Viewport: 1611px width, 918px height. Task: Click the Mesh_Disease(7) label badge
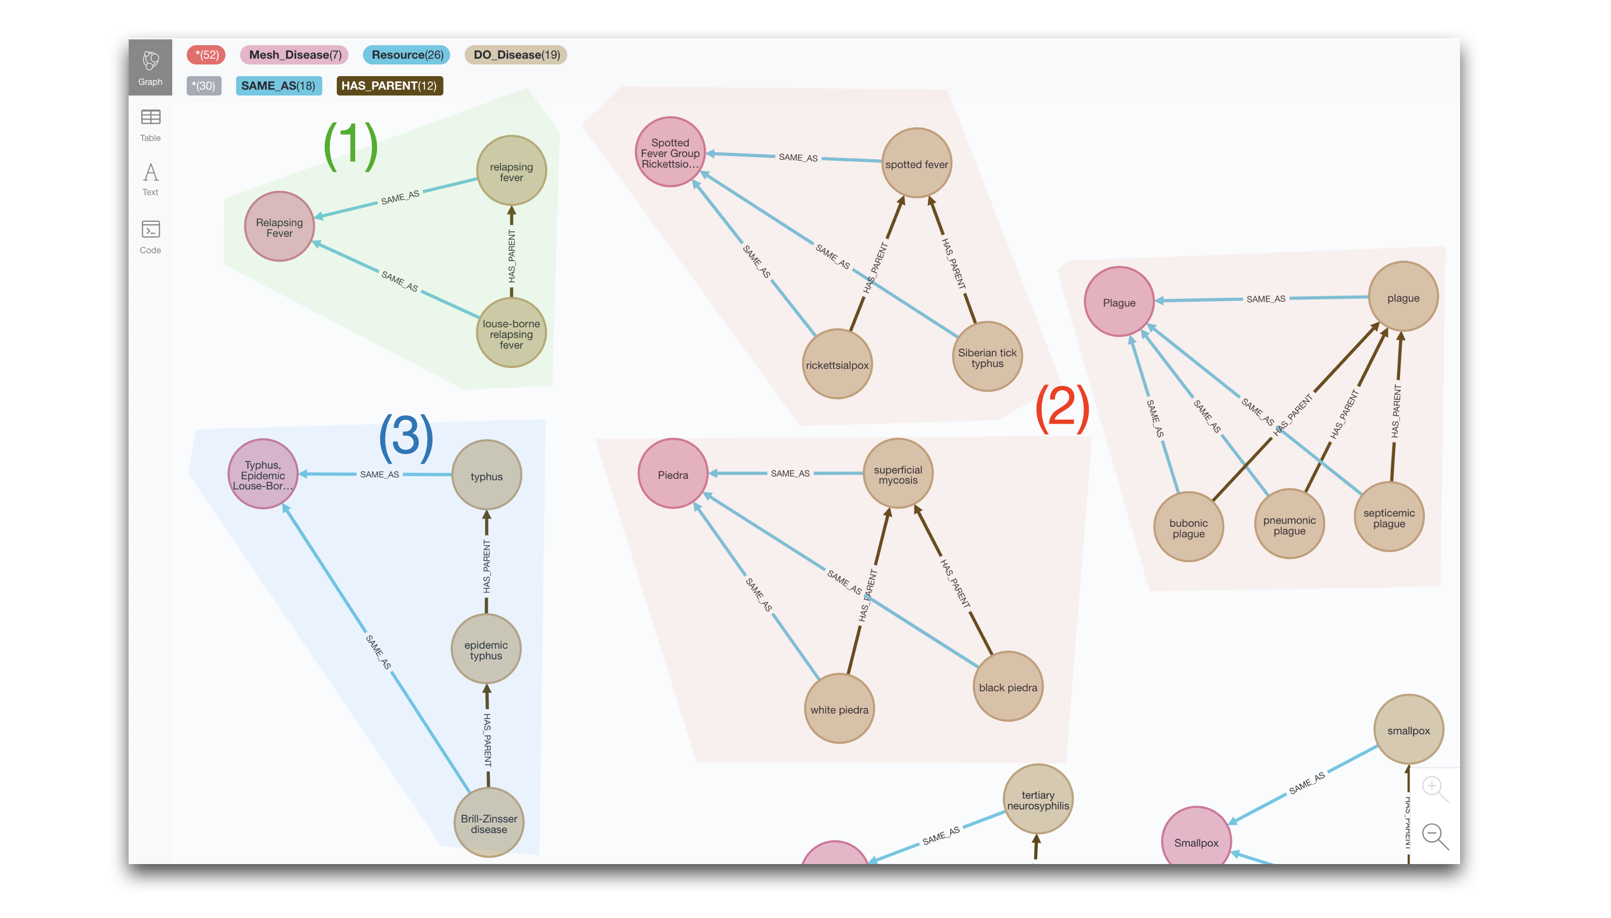(x=295, y=55)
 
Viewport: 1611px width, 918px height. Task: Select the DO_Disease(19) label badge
(x=516, y=55)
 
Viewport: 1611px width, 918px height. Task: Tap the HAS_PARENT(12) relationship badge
(x=389, y=86)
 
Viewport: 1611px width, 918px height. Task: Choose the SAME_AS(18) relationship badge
(x=278, y=86)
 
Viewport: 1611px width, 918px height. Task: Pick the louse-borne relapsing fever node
(x=511, y=333)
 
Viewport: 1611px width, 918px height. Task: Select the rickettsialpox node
(x=837, y=365)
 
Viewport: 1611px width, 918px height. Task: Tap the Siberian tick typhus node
(x=987, y=357)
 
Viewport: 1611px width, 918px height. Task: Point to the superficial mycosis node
(x=897, y=474)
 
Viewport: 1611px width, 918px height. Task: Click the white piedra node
(x=839, y=710)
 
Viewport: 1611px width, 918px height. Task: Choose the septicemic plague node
(x=1388, y=518)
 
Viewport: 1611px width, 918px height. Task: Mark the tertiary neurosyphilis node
(x=1037, y=799)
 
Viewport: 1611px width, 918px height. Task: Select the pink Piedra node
(x=673, y=474)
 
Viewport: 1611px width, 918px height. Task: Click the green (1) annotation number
(x=351, y=145)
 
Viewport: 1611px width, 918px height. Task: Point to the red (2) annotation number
(x=1062, y=408)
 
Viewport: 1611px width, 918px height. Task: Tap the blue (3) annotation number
(x=406, y=436)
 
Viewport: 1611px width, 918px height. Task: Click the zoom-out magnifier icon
(x=1434, y=836)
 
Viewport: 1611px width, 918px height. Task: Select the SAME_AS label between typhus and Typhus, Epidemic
(x=379, y=474)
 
